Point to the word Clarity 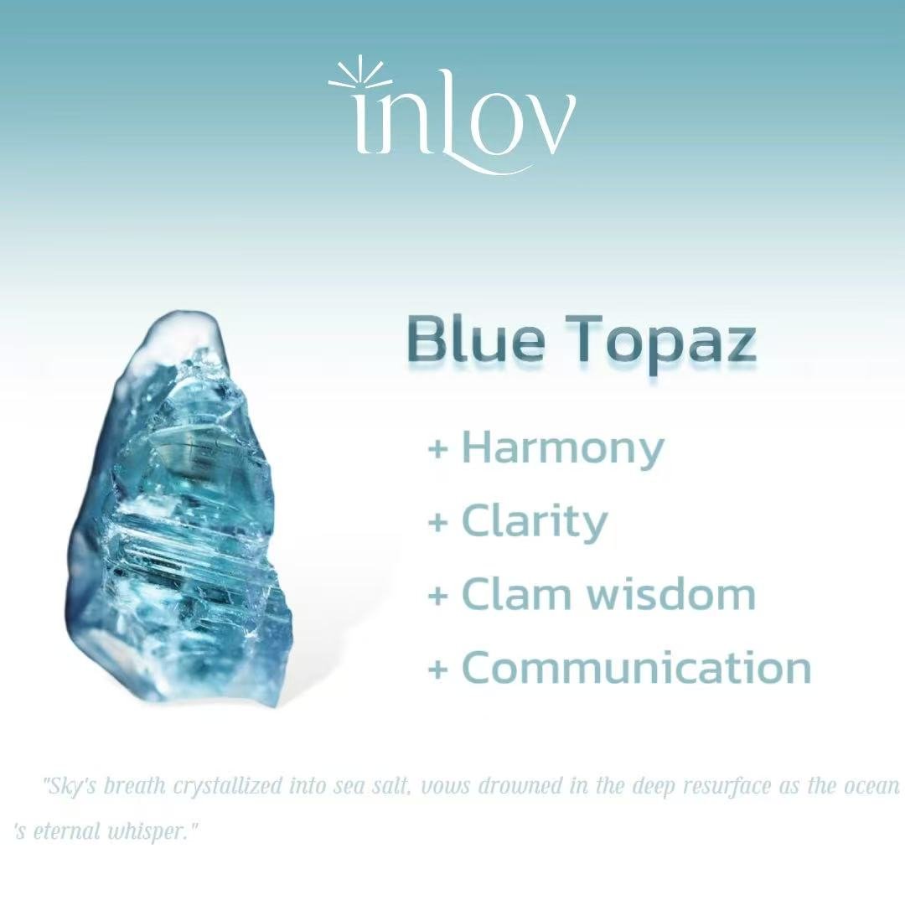[535, 523]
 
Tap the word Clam [520, 594]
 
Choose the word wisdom [672, 594]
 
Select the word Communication [637, 667]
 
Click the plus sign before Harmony [438, 448]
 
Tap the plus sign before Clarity [438, 522]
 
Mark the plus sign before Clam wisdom [438, 595]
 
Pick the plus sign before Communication [438, 669]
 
